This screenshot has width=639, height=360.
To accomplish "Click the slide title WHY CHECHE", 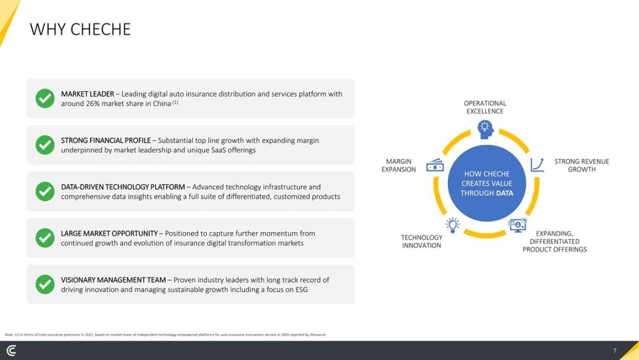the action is (x=80, y=30).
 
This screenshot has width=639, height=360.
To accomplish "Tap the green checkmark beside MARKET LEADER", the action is (x=45, y=98).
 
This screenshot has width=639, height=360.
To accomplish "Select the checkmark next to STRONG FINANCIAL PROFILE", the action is (x=45, y=144).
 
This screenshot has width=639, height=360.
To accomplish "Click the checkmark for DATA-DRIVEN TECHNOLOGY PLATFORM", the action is (x=45, y=191).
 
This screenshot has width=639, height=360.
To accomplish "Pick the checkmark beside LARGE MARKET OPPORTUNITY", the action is (x=45, y=237).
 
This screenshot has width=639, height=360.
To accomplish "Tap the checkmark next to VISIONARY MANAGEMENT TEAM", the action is (x=45, y=284).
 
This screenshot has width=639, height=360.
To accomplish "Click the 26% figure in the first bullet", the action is (x=92, y=104).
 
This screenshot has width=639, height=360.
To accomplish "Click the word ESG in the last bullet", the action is (x=301, y=290).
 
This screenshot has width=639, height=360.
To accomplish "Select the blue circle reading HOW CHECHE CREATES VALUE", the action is (x=486, y=184).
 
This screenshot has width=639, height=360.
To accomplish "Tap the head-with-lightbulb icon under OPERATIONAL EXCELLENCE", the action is (x=485, y=130).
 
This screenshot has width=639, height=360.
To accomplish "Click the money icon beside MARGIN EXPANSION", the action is (x=435, y=165).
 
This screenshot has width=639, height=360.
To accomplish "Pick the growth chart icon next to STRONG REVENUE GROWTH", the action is (x=537, y=165).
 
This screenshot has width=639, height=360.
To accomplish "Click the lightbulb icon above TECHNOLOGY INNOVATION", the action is (x=453, y=225).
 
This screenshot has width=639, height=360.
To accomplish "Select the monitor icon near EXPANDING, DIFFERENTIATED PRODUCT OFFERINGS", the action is (x=518, y=225).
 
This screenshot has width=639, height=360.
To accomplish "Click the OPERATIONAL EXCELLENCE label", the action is (x=485, y=107).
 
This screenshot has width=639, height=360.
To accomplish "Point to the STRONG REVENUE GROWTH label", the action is (x=582, y=165).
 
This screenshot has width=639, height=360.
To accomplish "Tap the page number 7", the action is (x=615, y=351).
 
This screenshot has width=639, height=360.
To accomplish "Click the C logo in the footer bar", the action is (x=12, y=351).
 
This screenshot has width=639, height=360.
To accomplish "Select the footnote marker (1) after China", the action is (x=175, y=102).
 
